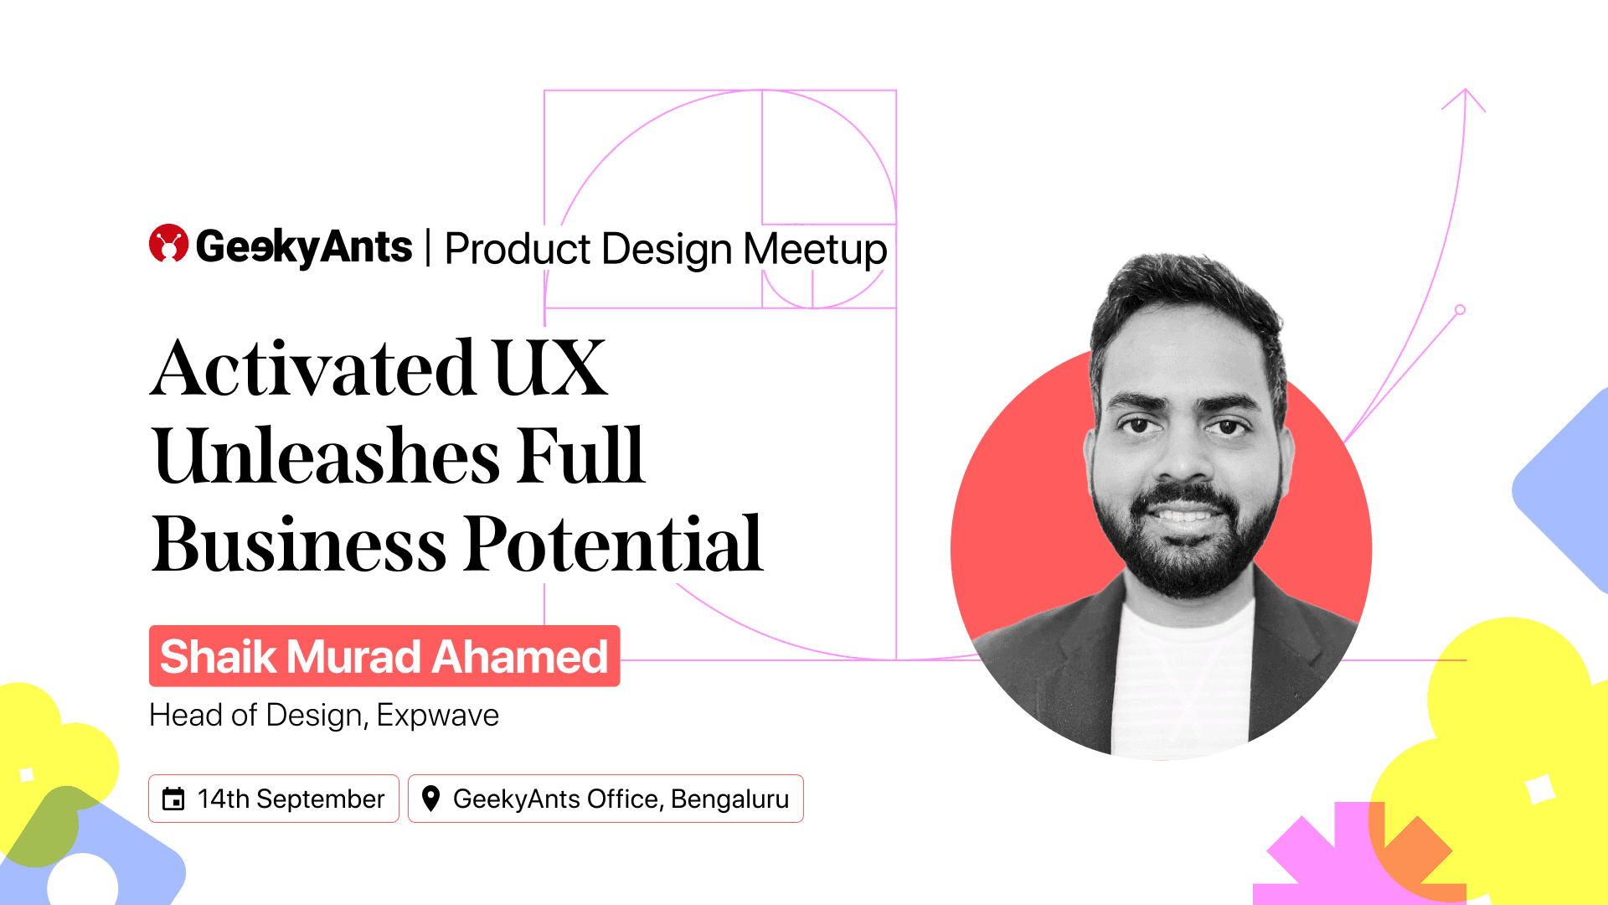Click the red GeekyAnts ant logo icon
168,243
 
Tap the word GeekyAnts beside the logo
304,247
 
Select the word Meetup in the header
815,249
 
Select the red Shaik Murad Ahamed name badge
384,656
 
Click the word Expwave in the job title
437,716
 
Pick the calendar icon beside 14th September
173,799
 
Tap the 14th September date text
291,799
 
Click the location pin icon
430,799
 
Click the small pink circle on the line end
1461,310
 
